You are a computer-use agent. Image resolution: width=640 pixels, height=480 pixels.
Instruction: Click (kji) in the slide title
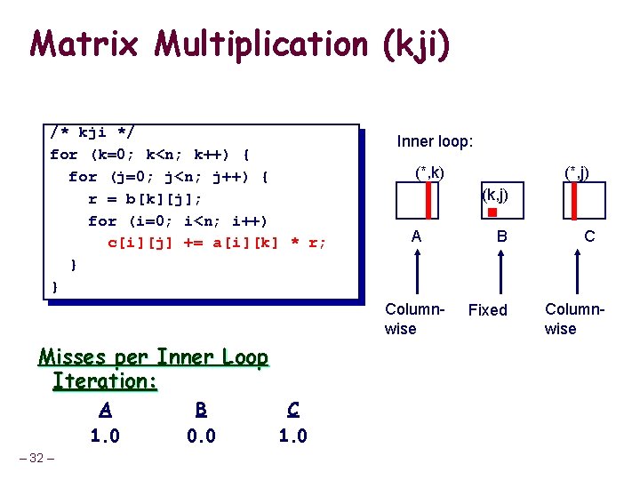tap(414, 44)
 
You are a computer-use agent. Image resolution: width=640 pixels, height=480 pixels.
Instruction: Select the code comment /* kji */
tap(92, 133)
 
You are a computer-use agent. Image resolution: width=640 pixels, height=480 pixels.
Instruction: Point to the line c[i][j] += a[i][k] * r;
tap(217, 242)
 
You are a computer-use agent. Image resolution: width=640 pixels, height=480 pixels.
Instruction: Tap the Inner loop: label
tap(435, 141)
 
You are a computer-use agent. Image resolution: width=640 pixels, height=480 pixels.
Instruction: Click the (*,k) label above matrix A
tap(429, 172)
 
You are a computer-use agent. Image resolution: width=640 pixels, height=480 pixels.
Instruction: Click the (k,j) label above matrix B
tap(494, 193)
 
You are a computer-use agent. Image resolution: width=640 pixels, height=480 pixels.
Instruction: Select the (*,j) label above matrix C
tap(577, 172)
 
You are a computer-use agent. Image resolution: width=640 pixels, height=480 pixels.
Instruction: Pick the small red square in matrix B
tap(492, 212)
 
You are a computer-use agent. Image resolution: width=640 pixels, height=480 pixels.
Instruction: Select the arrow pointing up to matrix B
tap(501, 271)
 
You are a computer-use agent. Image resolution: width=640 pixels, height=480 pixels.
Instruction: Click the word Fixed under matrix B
tap(487, 310)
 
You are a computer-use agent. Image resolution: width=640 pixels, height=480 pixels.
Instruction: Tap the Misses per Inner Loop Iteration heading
tap(153, 369)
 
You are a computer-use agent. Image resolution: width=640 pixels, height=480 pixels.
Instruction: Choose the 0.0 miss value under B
tap(201, 436)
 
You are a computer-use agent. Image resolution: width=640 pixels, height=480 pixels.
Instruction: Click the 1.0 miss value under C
tap(292, 436)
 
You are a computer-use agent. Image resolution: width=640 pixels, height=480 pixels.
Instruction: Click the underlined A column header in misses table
tap(106, 410)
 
